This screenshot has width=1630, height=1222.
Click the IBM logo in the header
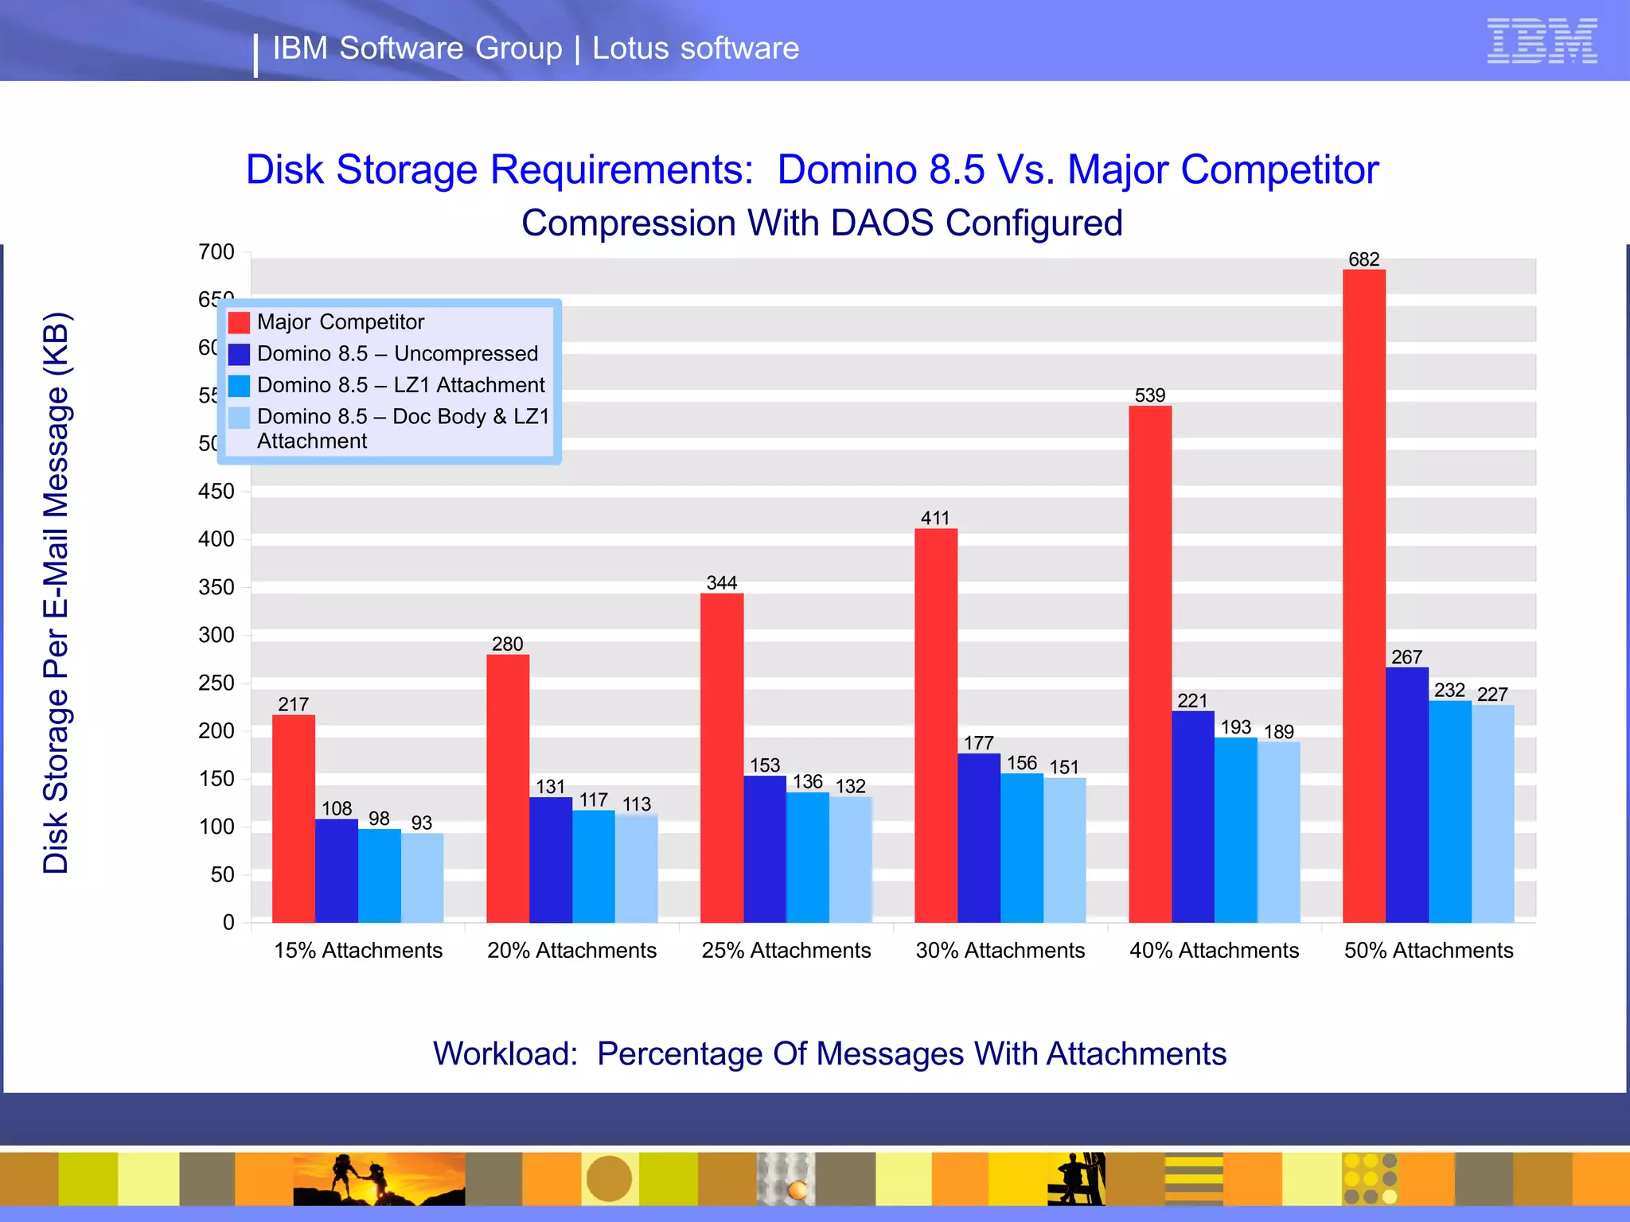(1542, 41)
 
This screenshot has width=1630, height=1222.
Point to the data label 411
(935, 518)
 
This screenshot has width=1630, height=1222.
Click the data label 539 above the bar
(1149, 395)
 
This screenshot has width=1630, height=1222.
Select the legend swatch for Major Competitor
(239, 322)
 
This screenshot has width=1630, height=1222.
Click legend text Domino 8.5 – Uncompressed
(397, 353)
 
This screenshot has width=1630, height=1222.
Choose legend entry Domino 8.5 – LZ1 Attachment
(400, 385)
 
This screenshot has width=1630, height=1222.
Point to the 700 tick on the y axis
(216, 252)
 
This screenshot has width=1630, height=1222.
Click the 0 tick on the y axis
(228, 922)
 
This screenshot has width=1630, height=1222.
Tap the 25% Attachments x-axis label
(786, 950)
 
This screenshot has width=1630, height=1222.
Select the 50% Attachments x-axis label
(1428, 950)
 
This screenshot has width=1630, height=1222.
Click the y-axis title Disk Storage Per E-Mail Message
(57, 593)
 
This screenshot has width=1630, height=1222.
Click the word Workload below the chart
(505, 1053)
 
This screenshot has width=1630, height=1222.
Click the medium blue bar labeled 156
(1021, 847)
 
